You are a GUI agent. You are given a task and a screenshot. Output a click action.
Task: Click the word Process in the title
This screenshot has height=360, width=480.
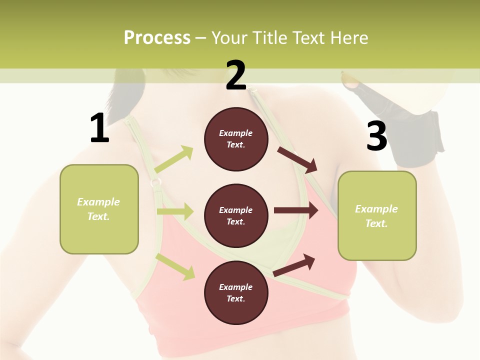pyautogui.click(x=157, y=37)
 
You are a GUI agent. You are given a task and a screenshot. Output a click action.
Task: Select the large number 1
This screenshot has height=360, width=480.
pyautogui.click(x=99, y=128)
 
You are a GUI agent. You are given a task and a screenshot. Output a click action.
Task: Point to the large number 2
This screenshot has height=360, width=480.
pyautogui.click(x=236, y=75)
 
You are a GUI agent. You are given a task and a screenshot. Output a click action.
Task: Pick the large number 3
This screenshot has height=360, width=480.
pyautogui.click(x=376, y=136)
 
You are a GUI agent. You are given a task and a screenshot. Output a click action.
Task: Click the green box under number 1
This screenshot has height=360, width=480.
pyautogui.click(x=99, y=209)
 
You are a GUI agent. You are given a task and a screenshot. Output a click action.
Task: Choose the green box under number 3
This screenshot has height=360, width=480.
pyautogui.click(x=377, y=215)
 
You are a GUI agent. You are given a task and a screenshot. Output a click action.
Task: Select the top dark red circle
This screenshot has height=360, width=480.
pyautogui.click(x=236, y=139)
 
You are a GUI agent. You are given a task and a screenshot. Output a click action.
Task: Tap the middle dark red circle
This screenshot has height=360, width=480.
pyautogui.click(x=236, y=215)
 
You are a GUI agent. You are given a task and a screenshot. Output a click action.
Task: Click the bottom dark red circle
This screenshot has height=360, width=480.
pyautogui.click(x=236, y=292)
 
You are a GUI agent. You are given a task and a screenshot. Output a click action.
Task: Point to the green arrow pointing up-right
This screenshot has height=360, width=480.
pyautogui.click(x=174, y=159)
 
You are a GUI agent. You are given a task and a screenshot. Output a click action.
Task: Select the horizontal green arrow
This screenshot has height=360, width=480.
pyautogui.click(x=175, y=212)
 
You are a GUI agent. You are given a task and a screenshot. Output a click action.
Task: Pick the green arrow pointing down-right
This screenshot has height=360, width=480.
pyautogui.click(x=175, y=266)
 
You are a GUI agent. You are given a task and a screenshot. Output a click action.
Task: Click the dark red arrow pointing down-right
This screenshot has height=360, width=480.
pyautogui.click(x=298, y=160)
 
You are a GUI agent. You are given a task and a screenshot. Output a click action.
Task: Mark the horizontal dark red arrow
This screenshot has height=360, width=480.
pyautogui.click(x=296, y=210)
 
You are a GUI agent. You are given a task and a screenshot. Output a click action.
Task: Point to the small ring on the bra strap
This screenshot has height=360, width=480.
pyautogui.click(x=156, y=182)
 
